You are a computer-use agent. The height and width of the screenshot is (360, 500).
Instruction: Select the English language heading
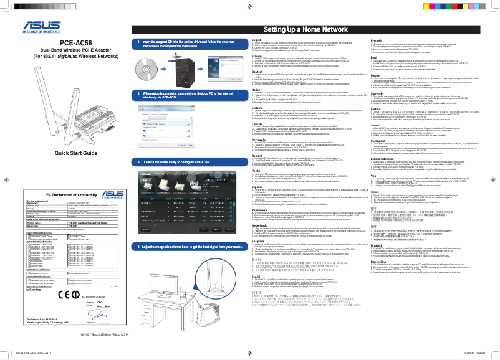tap(257, 39)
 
